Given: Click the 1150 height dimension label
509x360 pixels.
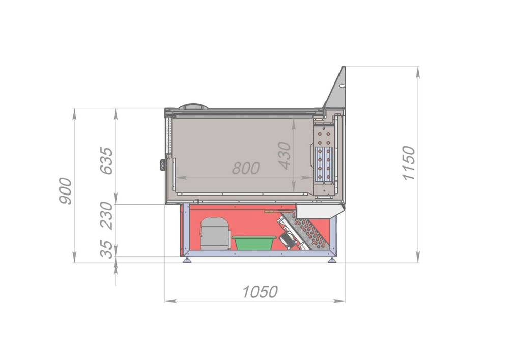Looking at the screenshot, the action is tap(408, 163).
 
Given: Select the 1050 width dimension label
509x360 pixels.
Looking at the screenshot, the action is tap(260, 292).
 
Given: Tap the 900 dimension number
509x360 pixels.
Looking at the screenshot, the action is tap(65, 191).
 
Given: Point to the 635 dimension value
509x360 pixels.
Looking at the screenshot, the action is tap(106, 161).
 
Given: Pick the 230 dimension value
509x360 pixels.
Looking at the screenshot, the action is tap(106, 216).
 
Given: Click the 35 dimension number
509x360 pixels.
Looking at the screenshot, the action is tap(106, 250).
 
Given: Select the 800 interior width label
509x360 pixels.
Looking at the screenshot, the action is tap(246, 168).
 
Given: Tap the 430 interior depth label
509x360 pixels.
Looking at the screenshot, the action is tap(285, 155).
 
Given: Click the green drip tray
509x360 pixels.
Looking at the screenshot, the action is tap(254, 242).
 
